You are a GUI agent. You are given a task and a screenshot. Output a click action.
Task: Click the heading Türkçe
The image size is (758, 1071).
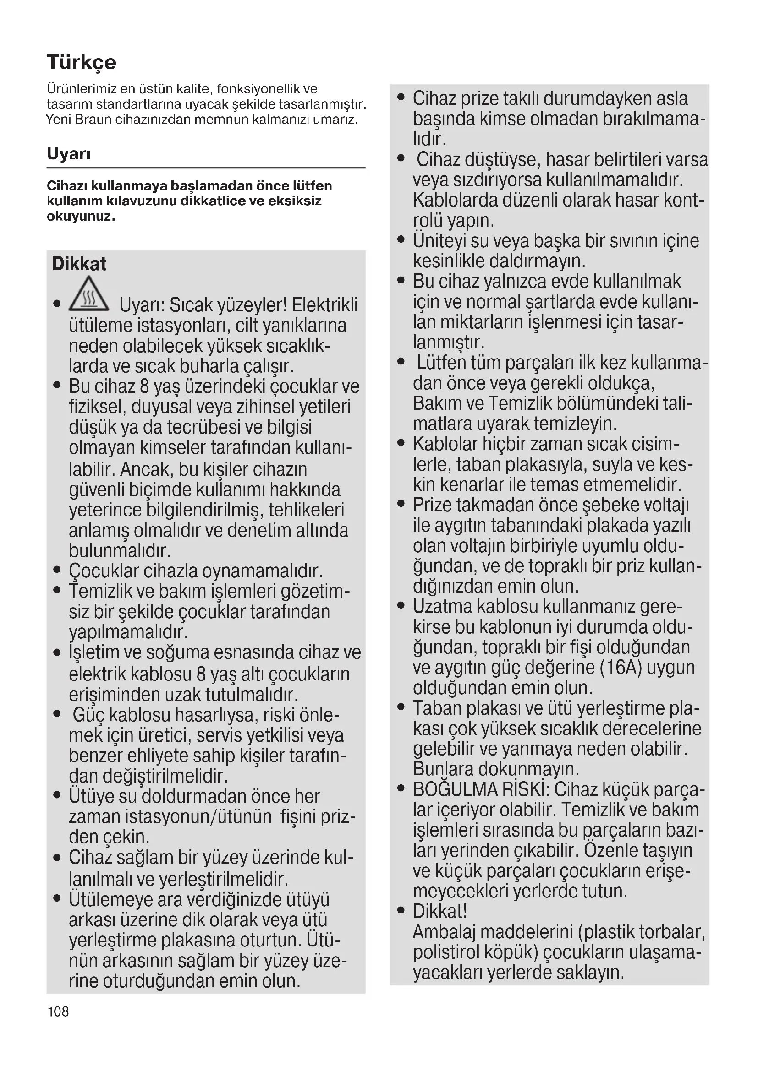pos(81,62)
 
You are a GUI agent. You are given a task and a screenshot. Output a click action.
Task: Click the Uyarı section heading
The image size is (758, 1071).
pos(69,153)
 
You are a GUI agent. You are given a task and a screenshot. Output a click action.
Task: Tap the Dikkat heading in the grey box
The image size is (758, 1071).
pos(79,264)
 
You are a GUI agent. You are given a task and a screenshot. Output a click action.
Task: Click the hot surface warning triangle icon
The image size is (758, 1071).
pos(89,295)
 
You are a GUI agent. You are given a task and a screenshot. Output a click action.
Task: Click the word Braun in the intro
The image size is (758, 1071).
pos(93,120)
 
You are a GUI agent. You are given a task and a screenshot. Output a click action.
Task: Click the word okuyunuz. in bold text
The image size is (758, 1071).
pos(81,217)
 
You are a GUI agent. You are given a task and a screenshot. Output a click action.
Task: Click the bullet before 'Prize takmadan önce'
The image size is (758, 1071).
pos(401,504)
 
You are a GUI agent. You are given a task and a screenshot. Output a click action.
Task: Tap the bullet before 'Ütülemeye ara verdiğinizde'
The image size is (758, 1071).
pos(57,898)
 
